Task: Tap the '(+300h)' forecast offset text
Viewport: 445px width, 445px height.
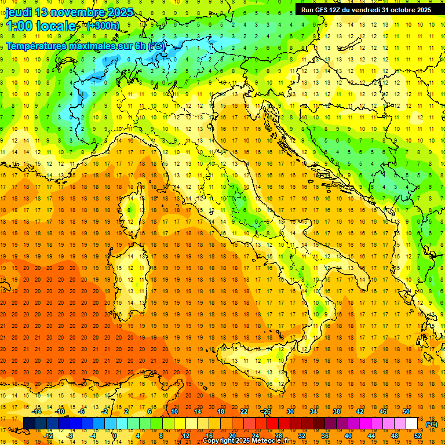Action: click(x=103, y=26)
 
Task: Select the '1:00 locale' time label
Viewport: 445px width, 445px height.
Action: click(x=41, y=26)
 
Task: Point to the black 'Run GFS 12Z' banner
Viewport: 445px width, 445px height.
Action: click(x=366, y=10)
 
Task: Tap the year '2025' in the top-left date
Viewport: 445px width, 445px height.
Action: click(x=120, y=12)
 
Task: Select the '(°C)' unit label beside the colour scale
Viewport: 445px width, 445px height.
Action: click(x=432, y=424)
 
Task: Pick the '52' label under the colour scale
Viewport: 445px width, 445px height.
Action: click(x=418, y=435)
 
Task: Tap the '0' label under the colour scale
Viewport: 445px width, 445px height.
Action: click(x=115, y=435)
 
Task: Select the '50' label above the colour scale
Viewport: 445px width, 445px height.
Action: click(x=406, y=411)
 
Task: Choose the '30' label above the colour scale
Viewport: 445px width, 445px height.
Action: click(x=290, y=411)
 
